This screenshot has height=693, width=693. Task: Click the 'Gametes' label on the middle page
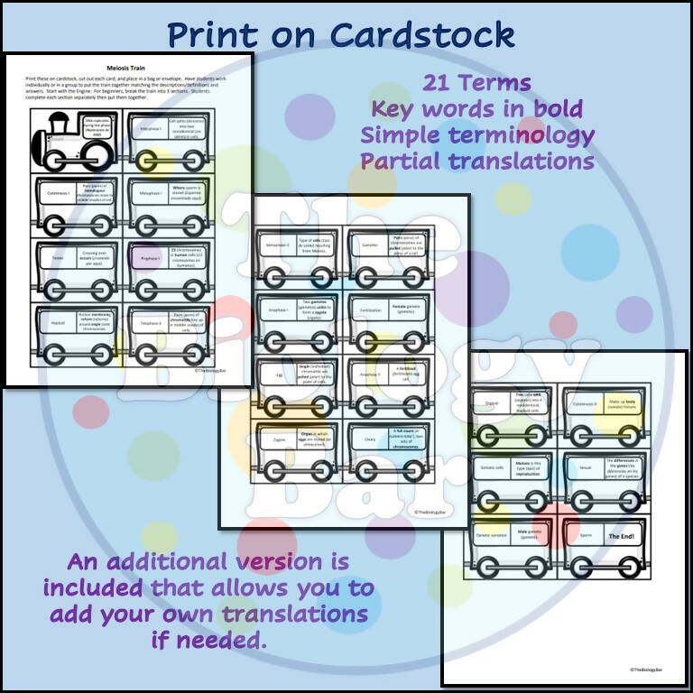coord(368,243)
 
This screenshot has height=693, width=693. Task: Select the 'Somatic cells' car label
coord(492,471)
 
